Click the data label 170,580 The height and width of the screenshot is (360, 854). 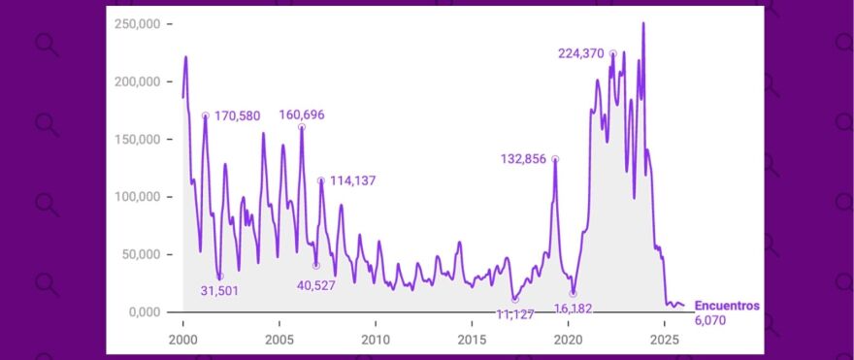click(x=237, y=116)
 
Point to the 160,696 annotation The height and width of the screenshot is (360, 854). click(x=302, y=115)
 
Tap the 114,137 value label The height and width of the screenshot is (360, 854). click(x=352, y=180)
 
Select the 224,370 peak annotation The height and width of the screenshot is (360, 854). click(x=581, y=53)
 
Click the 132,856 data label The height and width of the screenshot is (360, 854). click(x=524, y=159)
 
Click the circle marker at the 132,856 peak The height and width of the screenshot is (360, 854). click(x=555, y=159)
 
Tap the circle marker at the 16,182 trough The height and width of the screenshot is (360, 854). click(x=573, y=293)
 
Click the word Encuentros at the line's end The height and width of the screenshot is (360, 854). click(x=727, y=305)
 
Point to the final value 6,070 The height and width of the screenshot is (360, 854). click(x=710, y=319)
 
